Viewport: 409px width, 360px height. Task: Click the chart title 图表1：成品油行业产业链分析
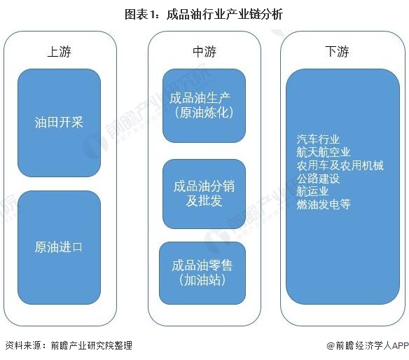204,14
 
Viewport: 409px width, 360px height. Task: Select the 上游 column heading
60,51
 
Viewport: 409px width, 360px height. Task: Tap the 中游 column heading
204,51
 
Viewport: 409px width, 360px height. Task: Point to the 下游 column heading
337,51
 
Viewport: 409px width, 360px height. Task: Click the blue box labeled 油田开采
60,123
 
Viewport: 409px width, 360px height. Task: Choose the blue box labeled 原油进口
60,247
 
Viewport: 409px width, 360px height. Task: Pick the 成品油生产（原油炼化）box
204,106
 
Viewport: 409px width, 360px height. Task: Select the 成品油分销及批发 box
204,194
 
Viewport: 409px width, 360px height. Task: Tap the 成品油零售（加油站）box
202,273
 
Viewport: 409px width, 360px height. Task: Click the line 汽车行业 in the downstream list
318,139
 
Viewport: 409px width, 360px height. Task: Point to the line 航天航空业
324,153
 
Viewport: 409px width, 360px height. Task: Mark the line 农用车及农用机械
340,165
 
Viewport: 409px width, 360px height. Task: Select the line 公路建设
318,179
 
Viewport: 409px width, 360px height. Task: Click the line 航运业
312,191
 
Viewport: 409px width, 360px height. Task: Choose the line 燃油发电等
324,205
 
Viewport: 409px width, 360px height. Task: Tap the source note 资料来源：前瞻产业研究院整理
69,346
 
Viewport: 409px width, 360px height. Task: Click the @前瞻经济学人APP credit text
368,346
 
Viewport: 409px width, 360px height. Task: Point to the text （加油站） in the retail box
202,280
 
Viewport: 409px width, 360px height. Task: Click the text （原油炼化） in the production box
204,113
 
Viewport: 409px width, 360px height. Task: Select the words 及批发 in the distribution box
204,201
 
